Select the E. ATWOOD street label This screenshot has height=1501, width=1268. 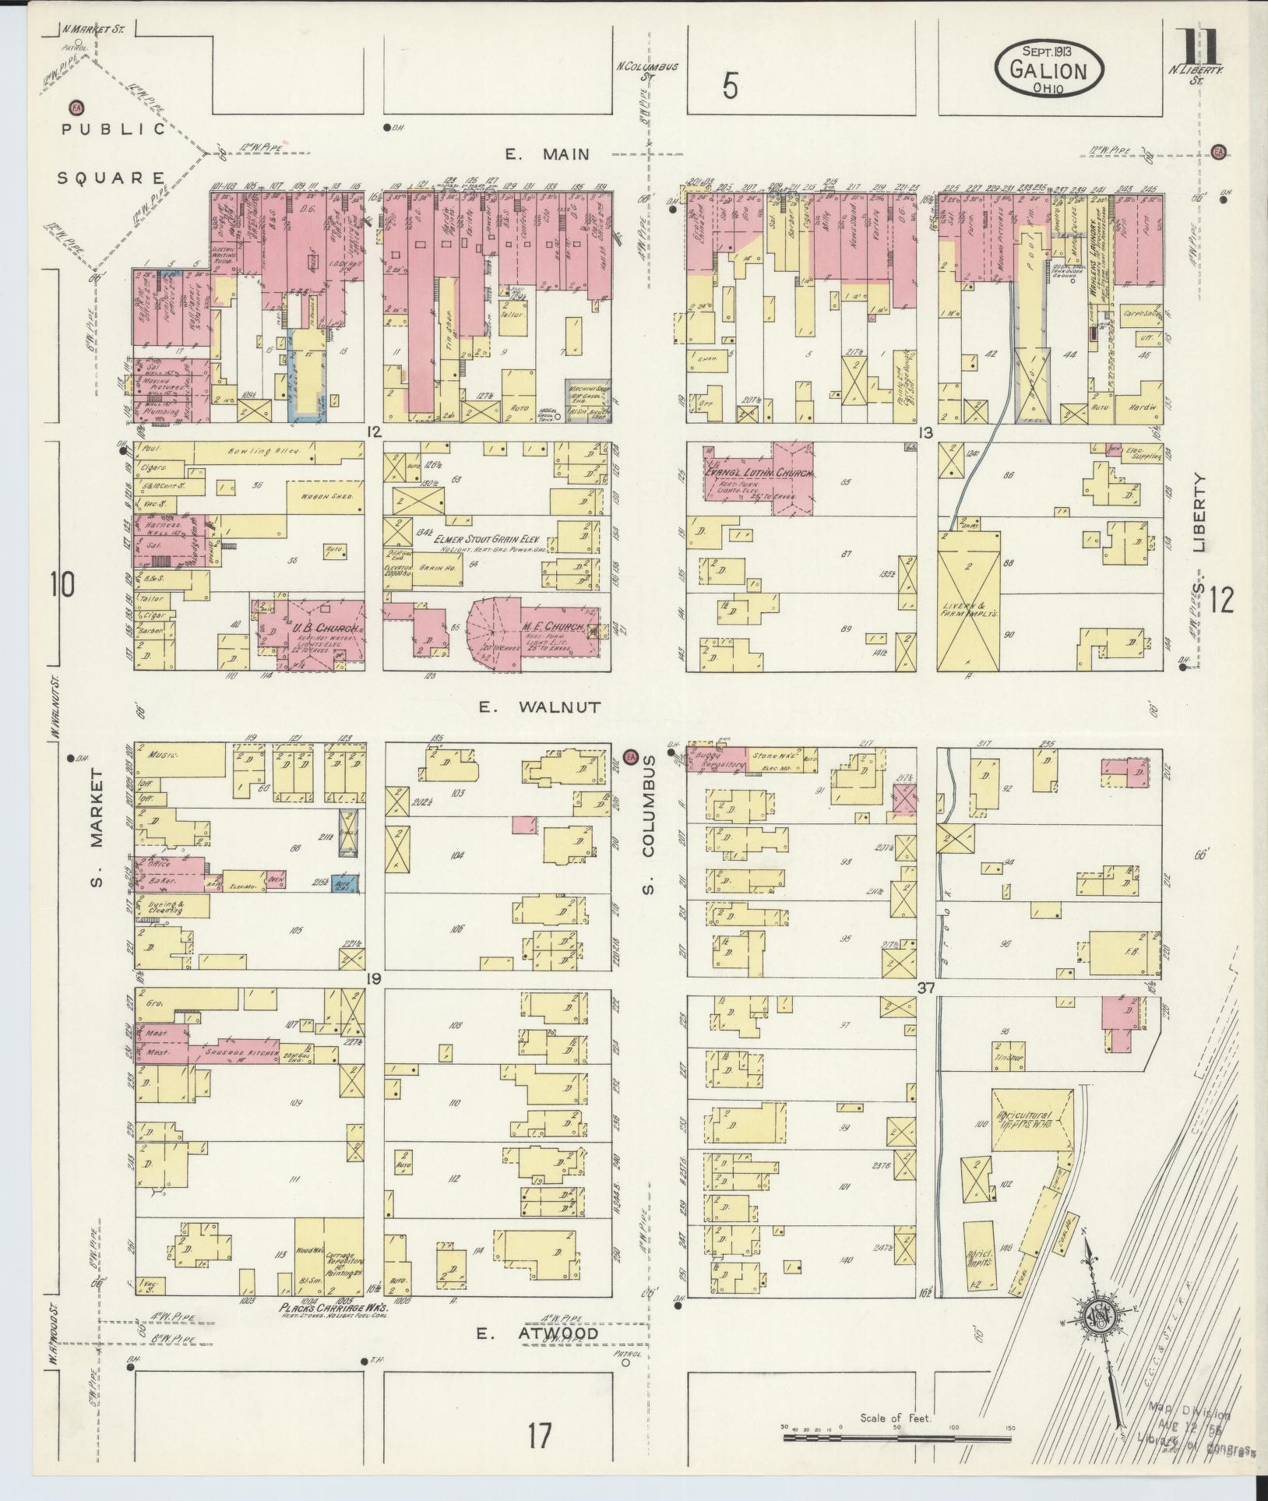pyautogui.click(x=538, y=1334)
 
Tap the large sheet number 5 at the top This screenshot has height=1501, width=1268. pyautogui.click(x=729, y=87)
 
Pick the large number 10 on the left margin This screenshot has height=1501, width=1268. pyautogui.click(x=63, y=583)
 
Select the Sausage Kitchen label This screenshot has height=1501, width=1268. pyautogui.click(x=241, y=1052)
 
